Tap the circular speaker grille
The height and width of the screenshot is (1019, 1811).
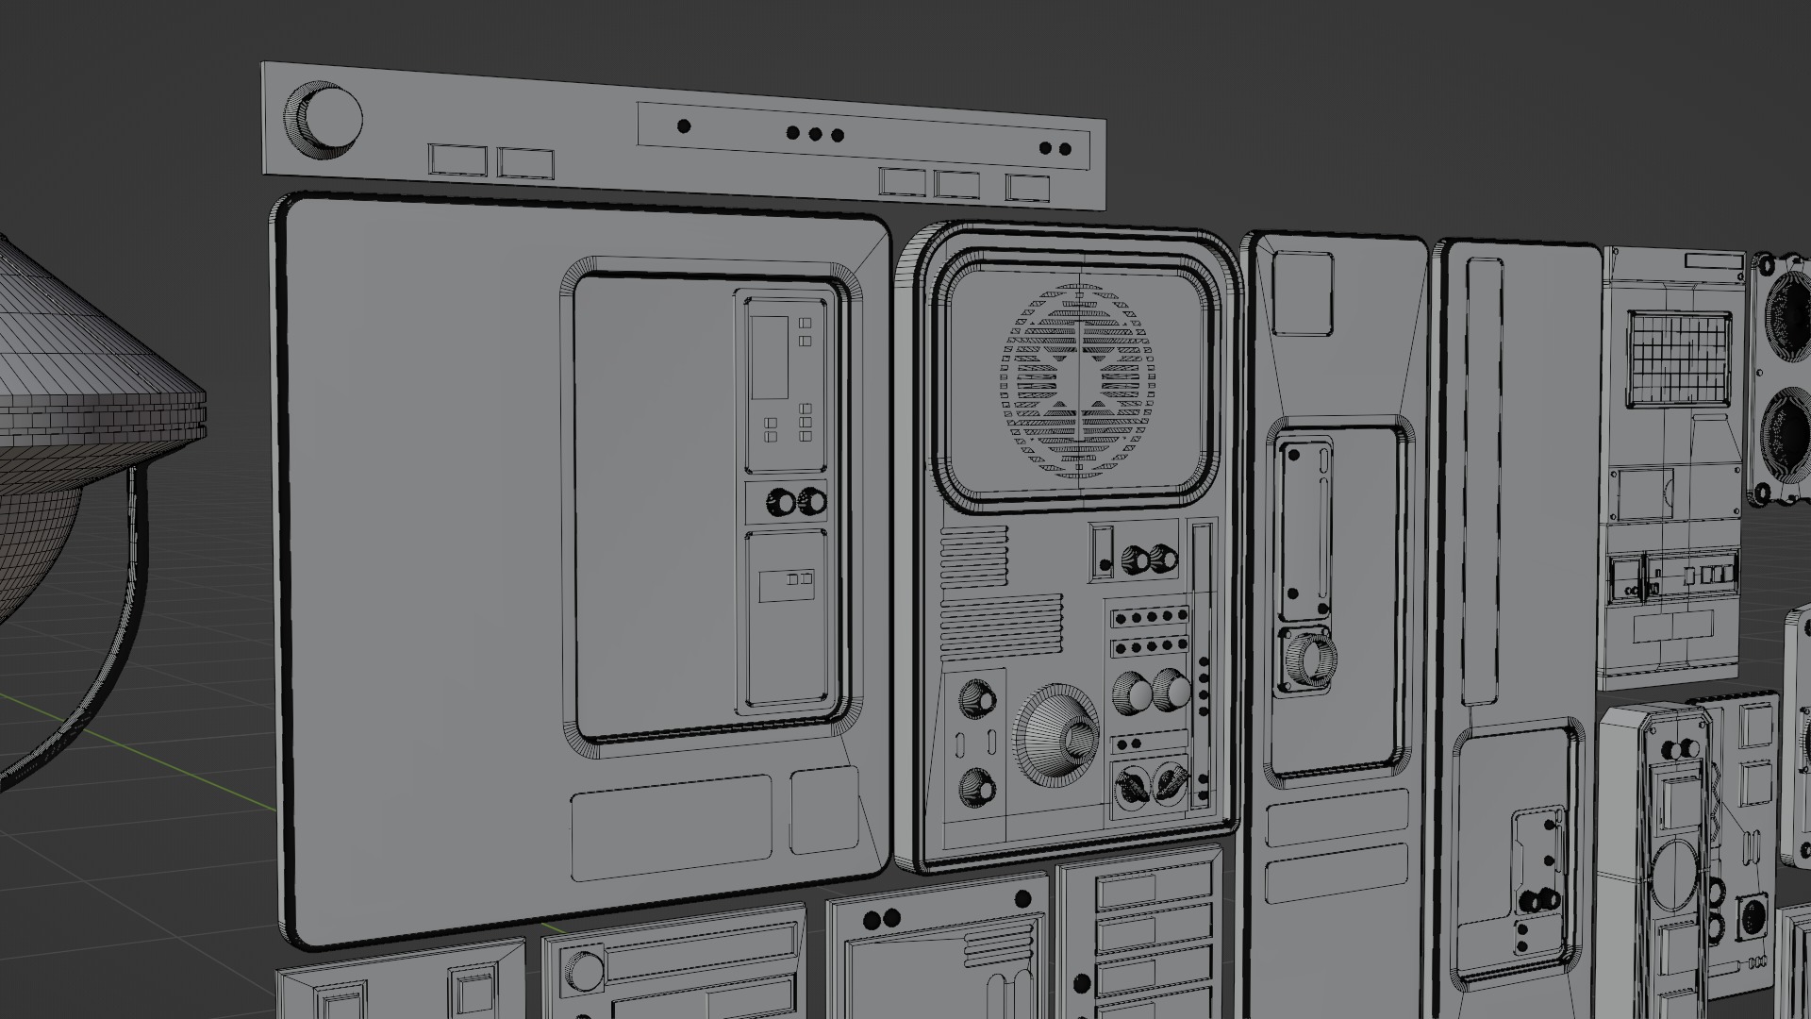1077,378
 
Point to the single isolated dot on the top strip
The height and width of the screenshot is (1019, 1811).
685,125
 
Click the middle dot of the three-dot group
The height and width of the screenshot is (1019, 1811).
816,133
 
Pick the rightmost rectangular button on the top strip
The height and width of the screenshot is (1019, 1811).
1027,187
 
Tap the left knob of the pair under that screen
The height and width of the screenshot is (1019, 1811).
782,502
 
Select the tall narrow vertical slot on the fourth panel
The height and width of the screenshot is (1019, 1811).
1482,481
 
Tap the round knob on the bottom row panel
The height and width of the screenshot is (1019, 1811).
584,971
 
